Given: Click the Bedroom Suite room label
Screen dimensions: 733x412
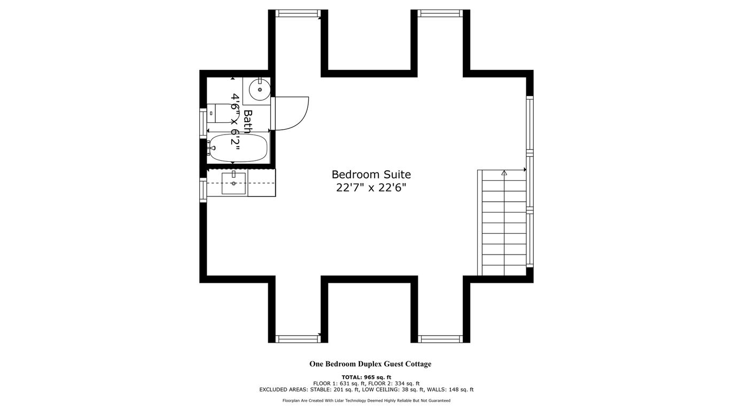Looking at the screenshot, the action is (371, 175).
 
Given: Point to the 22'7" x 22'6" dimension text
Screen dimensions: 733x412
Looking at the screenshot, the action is (371, 188).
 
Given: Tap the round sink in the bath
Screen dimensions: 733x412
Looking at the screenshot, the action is (260, 89).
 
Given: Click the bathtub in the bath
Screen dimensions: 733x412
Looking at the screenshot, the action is (238, 148).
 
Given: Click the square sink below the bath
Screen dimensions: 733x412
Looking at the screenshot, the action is (233, 183).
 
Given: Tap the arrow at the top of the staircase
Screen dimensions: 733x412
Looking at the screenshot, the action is (504, 172).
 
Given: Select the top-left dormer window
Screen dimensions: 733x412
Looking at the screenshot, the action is (298, 13).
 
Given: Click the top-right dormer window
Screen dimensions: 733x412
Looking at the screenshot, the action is (440, 13).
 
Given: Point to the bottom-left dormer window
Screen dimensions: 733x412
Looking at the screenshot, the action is (298, 339).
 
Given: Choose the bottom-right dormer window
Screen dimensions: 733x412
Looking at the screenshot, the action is (440, 339).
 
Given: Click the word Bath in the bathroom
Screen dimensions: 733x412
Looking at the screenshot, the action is (248, 121).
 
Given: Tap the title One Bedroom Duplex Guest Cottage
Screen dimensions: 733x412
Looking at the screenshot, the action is (370, 364).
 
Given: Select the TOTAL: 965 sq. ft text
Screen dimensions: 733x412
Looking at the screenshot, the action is (367, 377).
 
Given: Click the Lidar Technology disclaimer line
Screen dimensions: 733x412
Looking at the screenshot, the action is (367, 401).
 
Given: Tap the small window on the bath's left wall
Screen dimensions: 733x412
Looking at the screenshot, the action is (203, 121).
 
